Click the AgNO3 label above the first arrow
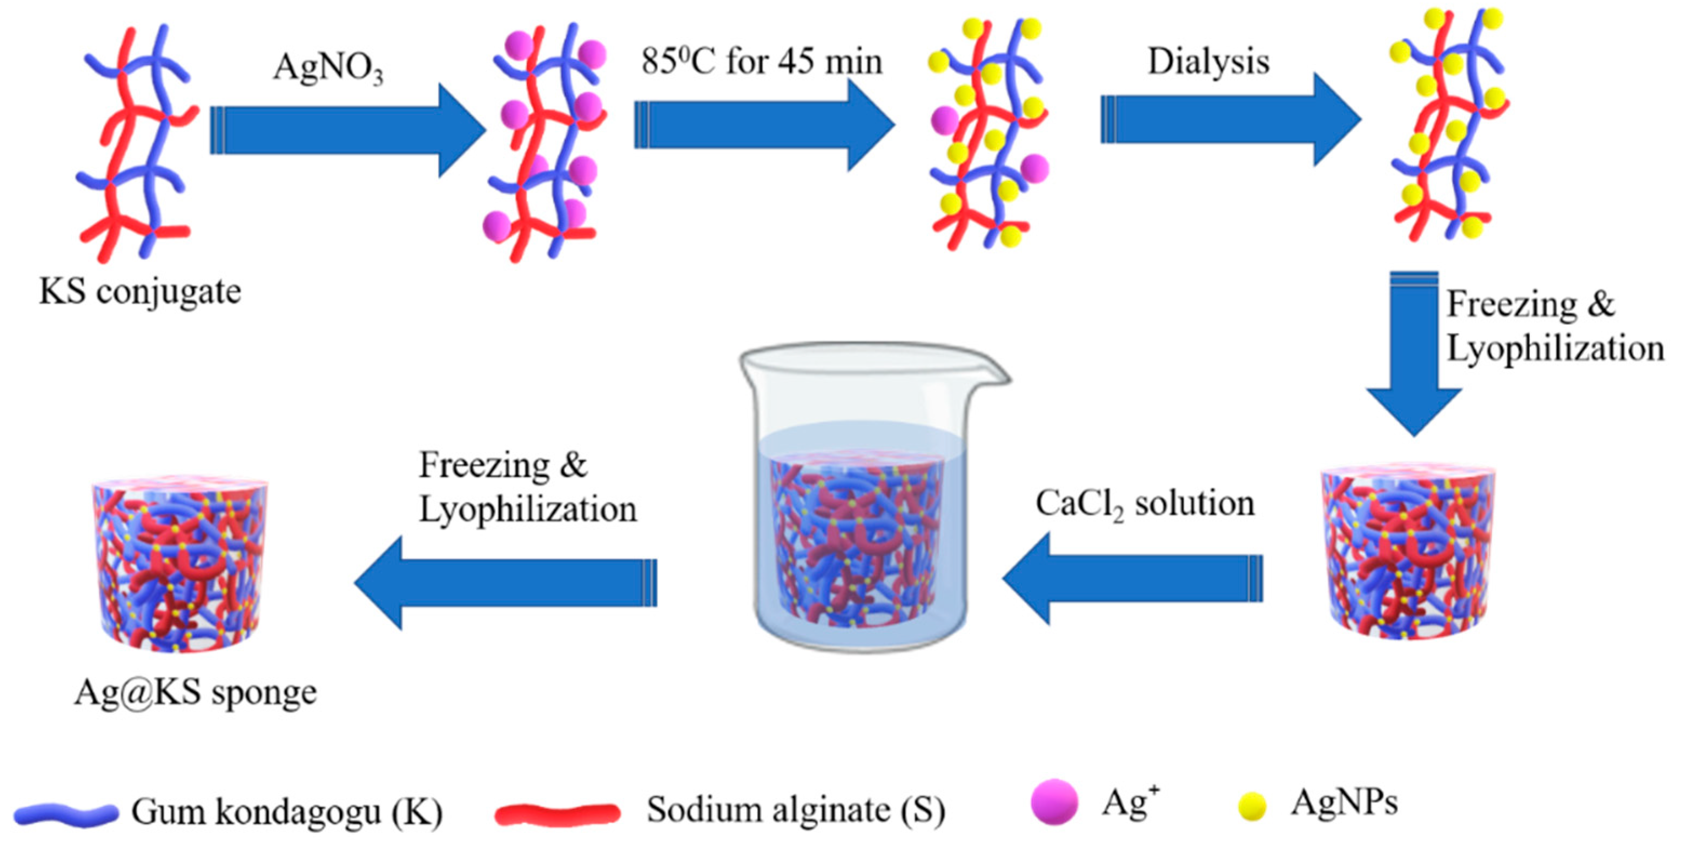coord(328,68)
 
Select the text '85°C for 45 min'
coord(761,62)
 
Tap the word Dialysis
coord(1208,62)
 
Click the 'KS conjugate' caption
coord(140,291)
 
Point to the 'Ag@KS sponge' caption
coord(195,692)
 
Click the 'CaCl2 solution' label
coord(1145,505)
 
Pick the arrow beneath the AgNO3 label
coord(347,130)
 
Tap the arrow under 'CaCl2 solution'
coord(1132,578)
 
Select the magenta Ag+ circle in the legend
coord(1054,802)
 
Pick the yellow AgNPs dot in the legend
coord(1252,806)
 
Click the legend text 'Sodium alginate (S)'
coord(796,811)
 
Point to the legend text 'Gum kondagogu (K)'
coord(287,812)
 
